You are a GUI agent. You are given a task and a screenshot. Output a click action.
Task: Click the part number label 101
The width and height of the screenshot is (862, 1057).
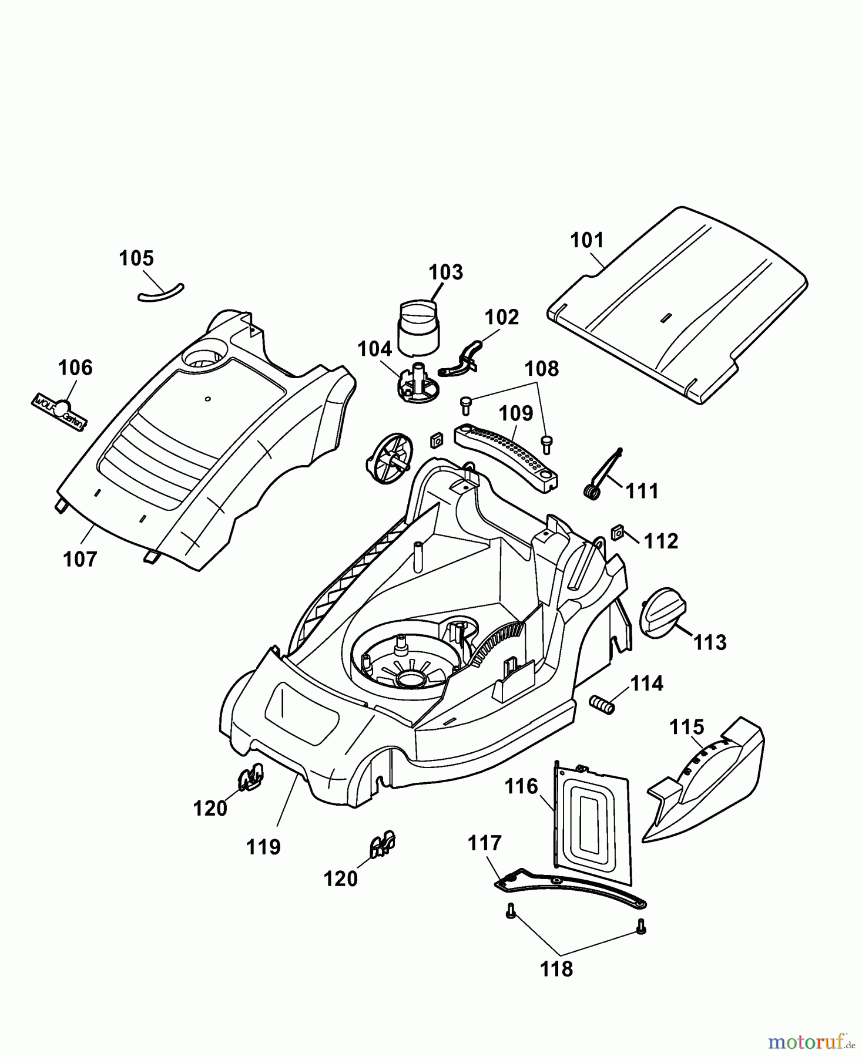[x=587, y=240]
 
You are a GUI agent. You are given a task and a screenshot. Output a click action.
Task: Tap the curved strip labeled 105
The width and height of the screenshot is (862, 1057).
[x=160, y=292]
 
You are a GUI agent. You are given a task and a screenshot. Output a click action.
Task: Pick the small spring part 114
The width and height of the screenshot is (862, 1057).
[x=602, y=703]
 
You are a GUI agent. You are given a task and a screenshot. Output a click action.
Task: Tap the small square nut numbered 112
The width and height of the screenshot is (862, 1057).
[x=617, y=532]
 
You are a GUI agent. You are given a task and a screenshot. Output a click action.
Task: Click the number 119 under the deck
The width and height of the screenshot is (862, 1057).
[x=263, y=847]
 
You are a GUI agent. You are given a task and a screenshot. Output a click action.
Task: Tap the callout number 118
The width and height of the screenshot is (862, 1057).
[x=556, y=968]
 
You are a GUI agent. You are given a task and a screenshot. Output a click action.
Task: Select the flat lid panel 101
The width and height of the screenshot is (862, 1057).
[x=676, y=305]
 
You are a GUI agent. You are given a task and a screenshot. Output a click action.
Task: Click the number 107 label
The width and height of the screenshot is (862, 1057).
[x=80, y=559]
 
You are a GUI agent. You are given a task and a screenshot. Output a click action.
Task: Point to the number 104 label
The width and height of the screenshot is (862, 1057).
[x=374, y=349]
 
